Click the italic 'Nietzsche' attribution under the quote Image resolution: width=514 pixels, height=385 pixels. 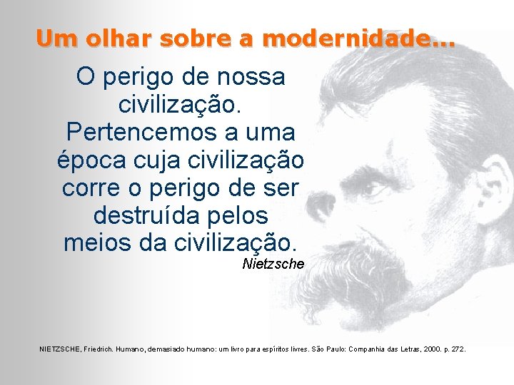(273, 264)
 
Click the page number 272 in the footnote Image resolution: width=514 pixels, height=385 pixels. (457, 349)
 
